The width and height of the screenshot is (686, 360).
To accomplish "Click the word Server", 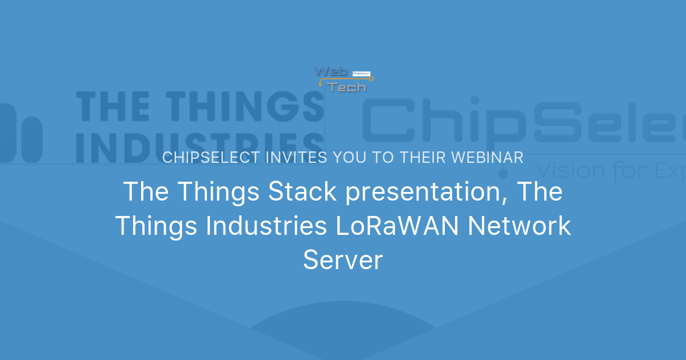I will tap(342, 261).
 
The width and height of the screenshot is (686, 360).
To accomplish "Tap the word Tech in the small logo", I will tap(346, 87).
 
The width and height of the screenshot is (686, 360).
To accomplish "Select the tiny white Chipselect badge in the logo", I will tap(362, 73).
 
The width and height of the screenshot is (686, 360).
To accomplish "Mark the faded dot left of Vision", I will tap(504, 172).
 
